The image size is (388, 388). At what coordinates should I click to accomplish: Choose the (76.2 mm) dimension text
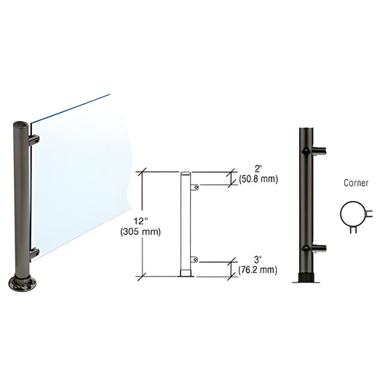click(258, 269)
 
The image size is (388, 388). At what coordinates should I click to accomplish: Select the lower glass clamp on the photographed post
click(33, 253)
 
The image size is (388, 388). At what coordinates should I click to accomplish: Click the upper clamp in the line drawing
click(194, 188)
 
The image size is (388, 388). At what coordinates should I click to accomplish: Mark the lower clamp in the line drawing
click(194, 259)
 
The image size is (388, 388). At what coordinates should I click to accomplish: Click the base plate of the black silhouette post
click(306, 278)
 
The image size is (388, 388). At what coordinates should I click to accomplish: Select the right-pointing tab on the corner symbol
click(371, 213)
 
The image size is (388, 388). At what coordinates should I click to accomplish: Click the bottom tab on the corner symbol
click(354, 231)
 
